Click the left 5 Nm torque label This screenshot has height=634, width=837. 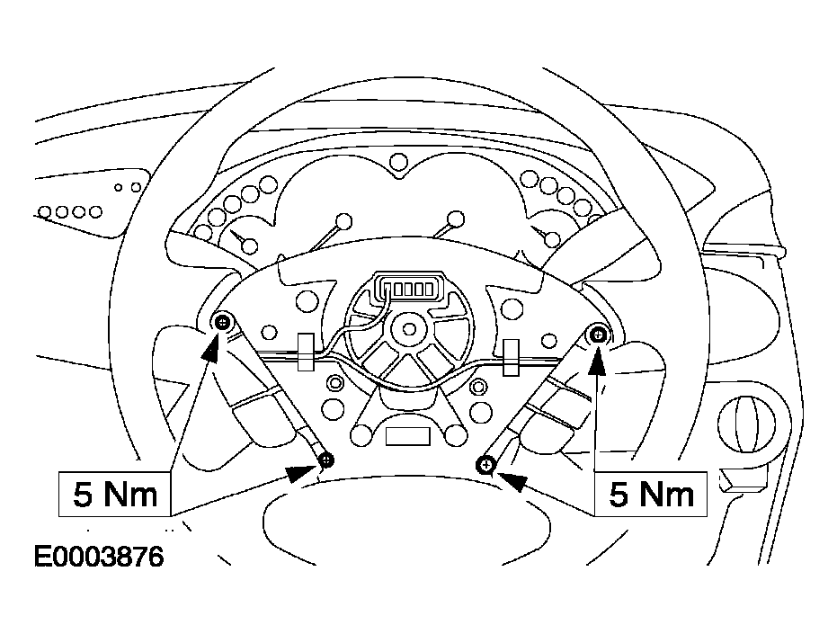115,494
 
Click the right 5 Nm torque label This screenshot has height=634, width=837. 651,494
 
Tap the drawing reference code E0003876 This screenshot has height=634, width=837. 99,557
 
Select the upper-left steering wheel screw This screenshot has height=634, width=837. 223,322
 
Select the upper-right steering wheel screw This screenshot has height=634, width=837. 598,335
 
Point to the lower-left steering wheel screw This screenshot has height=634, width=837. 326,460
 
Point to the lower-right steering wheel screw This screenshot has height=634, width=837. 485,465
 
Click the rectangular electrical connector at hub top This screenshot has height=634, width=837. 408,288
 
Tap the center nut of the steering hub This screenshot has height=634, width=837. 409,328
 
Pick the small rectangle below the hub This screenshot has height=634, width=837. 408,436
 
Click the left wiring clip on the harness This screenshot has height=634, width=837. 306,352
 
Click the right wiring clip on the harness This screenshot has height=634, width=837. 511,357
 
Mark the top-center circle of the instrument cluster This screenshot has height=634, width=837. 399,161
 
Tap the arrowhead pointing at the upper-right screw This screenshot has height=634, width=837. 598,360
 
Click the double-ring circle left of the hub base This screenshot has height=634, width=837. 334,382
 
